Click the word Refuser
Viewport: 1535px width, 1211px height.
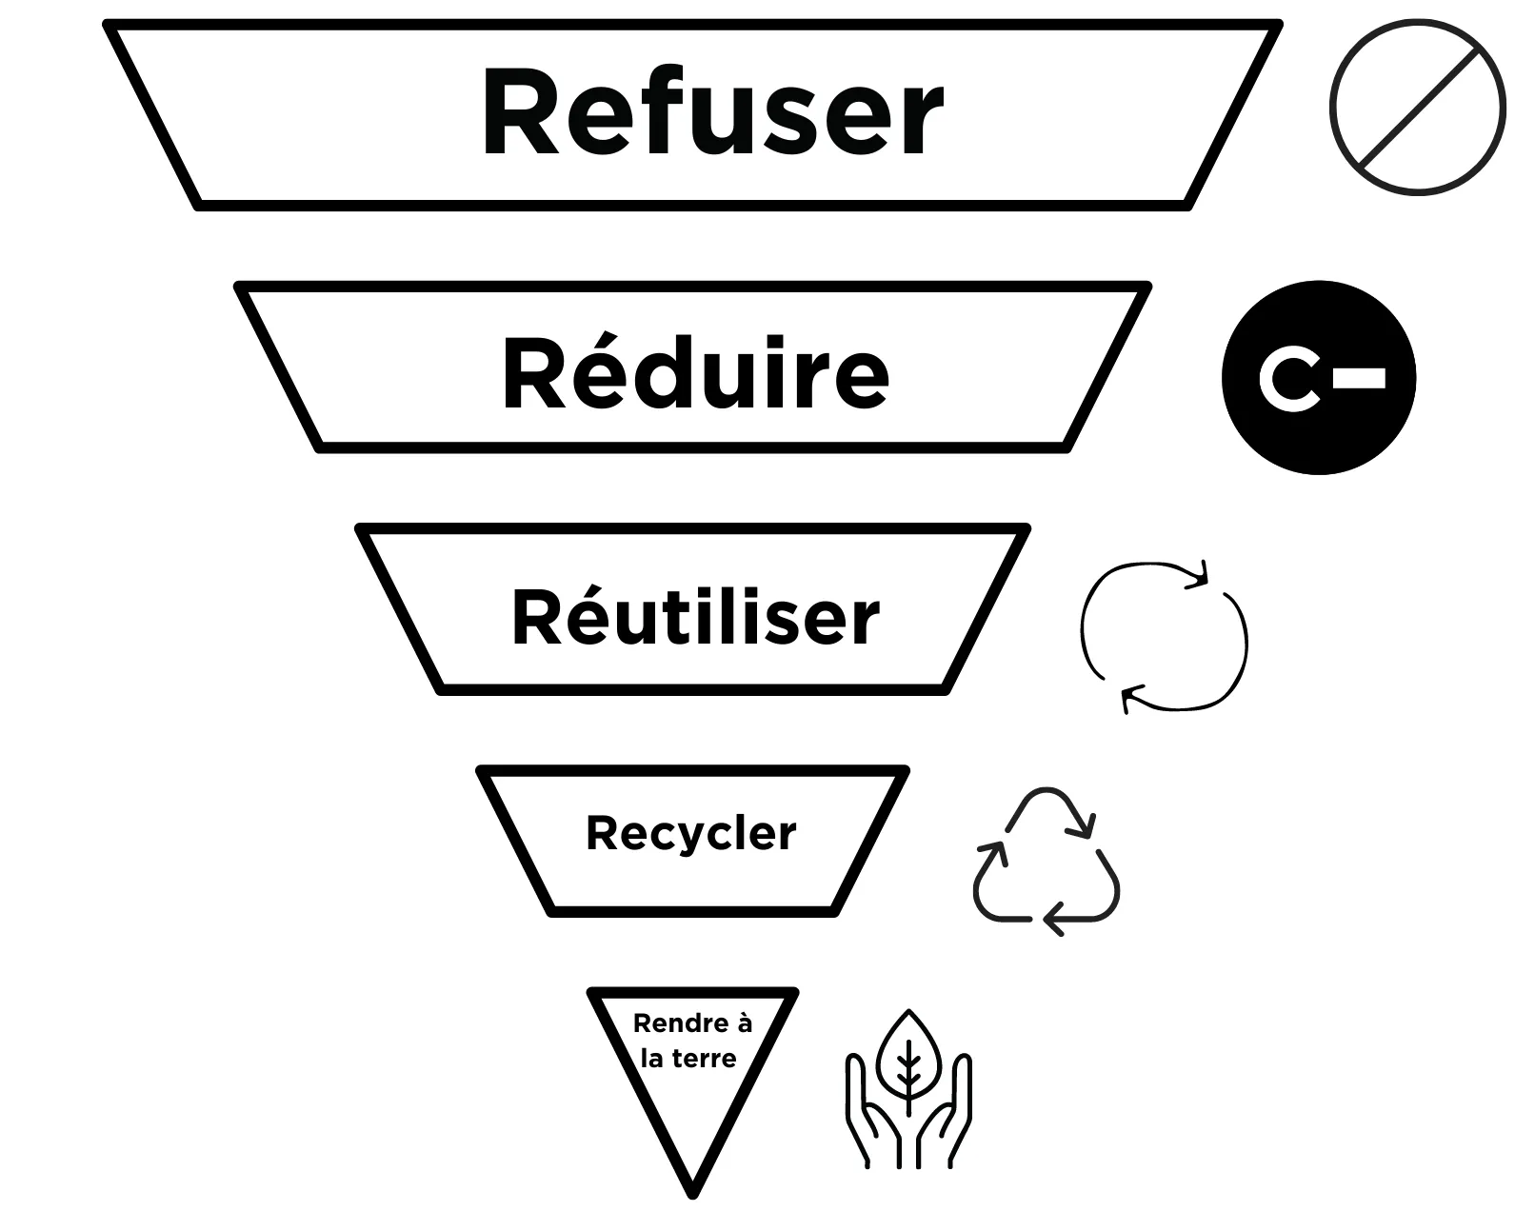712,112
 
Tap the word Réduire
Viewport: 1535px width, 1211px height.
695,373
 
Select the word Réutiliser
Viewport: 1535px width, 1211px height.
695,618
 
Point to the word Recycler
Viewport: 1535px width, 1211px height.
691,834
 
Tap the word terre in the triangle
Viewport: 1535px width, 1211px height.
704,1059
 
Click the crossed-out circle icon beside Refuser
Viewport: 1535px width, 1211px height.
1418,108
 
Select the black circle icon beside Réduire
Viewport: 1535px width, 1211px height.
1319,378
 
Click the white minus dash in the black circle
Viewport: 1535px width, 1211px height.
1359,378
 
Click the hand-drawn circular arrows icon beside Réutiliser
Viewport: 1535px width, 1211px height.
1164,636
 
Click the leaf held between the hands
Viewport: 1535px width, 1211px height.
908,1057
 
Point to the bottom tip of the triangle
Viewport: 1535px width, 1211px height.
692,1190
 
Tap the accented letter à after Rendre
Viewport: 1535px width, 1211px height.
744,1024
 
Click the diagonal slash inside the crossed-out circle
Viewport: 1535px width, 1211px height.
1418,108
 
